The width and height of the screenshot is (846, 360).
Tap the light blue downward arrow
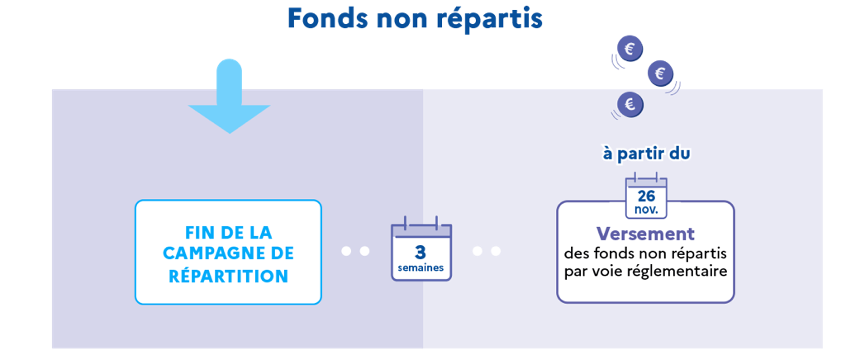(229, 96)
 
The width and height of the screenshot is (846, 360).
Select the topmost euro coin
(630, 50)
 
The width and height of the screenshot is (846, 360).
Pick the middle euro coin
(659, 73)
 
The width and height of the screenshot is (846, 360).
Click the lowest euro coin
(630, 104)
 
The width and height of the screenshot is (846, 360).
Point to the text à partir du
(646, 154)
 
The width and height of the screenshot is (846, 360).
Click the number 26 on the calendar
(646, 197)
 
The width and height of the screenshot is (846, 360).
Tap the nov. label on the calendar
(647, 210)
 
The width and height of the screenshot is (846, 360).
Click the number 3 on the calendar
(421, 252)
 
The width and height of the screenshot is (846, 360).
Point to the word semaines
(421, 268)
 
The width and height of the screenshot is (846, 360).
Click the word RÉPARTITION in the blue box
(228, 276)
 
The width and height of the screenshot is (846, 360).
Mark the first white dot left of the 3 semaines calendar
(347, 251)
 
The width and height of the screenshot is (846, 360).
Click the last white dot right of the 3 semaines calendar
(496, 251)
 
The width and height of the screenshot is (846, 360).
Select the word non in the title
(399, 21)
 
